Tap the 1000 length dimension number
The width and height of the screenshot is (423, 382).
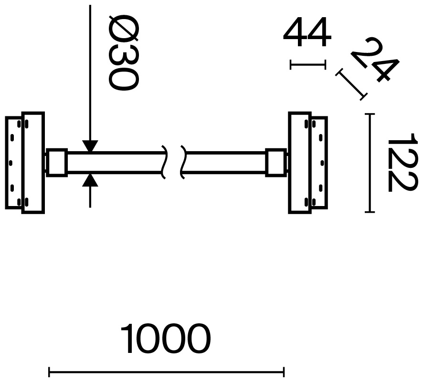165,339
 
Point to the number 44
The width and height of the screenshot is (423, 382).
307,32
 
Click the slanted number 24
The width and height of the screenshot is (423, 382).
375,59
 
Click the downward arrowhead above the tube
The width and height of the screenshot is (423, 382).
90,146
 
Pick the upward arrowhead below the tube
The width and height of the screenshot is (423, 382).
90,180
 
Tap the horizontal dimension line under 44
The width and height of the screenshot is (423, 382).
308,65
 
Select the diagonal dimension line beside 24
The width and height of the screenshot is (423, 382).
351,84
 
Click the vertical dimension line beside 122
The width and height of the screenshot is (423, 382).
370,163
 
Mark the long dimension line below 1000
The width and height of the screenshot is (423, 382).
166,372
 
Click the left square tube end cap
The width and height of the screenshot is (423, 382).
57,163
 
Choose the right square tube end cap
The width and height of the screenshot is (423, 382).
276,163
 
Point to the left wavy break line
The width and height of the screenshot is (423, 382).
164,162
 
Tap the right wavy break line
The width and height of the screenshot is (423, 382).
183,162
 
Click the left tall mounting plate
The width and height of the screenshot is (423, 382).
33,163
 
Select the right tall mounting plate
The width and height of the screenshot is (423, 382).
300,163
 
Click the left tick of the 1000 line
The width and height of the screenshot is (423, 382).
49,372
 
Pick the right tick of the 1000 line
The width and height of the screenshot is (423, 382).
284,372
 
